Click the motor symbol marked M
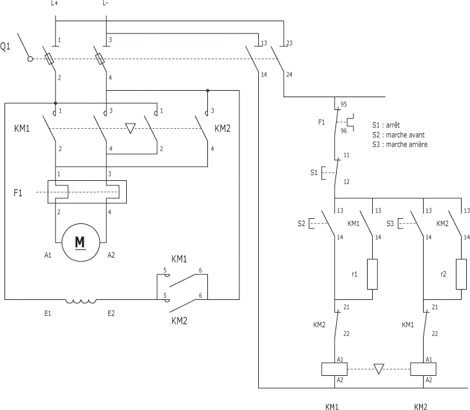tap(80, 243)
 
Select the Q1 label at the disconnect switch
tap(5, 46)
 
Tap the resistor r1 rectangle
tap(372, 274)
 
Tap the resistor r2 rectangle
tap(461, 274)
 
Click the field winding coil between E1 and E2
tap(81, 301)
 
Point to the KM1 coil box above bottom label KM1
tap(334, 369)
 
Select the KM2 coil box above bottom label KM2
tap(423, 369)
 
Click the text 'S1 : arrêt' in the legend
tap(386, 125)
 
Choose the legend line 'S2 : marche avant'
tap(399, 135)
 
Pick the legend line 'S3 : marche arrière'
tap(400, 144)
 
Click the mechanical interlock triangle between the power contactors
tap(131, 128)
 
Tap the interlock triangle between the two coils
tap(379, 369)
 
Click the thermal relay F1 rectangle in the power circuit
tap(87, 192)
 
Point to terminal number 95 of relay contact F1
tap(344, 104)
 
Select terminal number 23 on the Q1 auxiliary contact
tap(289, 43)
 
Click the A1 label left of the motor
tap(48, 255)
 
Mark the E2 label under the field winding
tap(111, 313)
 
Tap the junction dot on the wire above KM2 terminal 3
tap(207, 90)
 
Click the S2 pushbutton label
tap(301, 223)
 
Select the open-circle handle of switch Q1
tap(30, 59)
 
